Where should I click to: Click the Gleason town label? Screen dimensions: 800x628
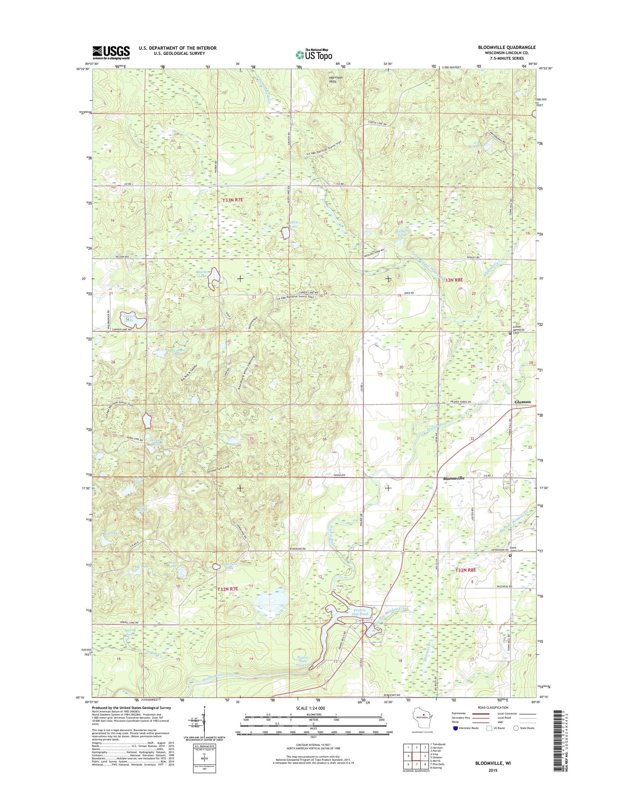tap(522, 402)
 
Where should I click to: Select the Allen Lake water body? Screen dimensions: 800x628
tap(285, 233)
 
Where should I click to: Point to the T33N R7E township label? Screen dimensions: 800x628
tap(232, 200)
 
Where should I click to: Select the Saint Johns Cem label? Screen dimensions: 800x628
tap(516, 549)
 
